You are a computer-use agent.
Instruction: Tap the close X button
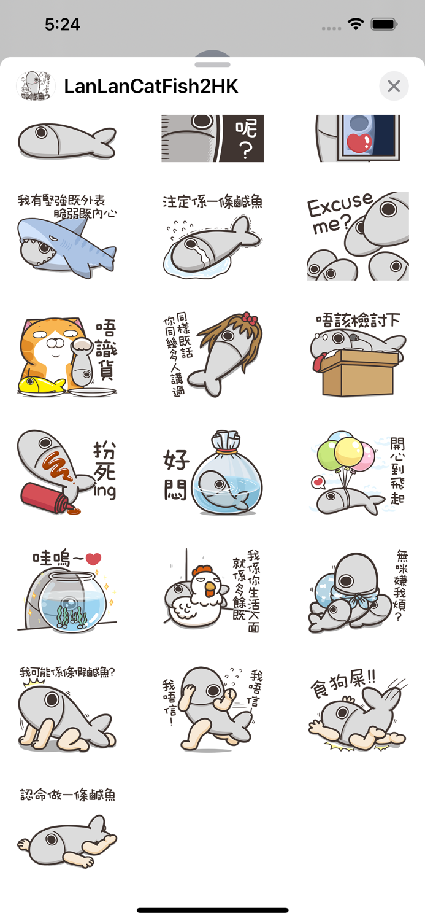[x=394, y=87]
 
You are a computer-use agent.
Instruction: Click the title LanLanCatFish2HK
[x=151, y=87]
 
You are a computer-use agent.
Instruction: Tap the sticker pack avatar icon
[x=36, y=87]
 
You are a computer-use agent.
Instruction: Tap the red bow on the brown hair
[x=248, y=319]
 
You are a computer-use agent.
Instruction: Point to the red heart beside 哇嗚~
[x=93, y=559]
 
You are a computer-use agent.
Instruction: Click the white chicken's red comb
[x=202, y=571]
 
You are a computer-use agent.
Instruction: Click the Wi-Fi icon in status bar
[x=355, y=25]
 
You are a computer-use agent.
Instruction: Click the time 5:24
[x=63, y=25]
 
